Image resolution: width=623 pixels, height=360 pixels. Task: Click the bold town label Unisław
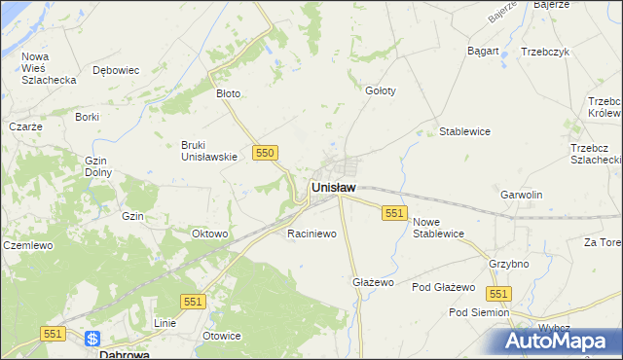click(333, 187)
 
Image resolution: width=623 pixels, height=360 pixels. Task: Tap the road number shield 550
click(265, 153)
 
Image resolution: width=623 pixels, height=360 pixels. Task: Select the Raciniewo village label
click(311, 234)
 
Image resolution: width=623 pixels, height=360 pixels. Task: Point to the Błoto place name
click(228, 94)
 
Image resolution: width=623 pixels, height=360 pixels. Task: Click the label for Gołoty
click(380, 90)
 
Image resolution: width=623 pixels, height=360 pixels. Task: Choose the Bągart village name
click(483, 51)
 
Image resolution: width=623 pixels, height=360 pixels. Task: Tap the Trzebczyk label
click(544, 52)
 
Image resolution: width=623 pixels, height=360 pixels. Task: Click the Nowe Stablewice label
click(438, 228)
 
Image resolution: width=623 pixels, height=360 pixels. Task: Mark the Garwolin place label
click(521, 195)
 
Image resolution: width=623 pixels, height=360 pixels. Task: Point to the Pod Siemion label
click(479, 312)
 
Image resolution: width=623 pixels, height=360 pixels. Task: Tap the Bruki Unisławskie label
click(209, 151)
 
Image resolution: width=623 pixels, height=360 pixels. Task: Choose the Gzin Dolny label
click(97, 166)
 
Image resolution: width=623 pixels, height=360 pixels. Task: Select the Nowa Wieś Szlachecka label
click(49, 68)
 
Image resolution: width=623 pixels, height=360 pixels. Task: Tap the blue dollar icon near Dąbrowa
click(92, 340)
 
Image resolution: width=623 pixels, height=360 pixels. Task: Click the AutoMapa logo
click(563, 342)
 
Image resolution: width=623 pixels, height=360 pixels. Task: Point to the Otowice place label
click(221, 336)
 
